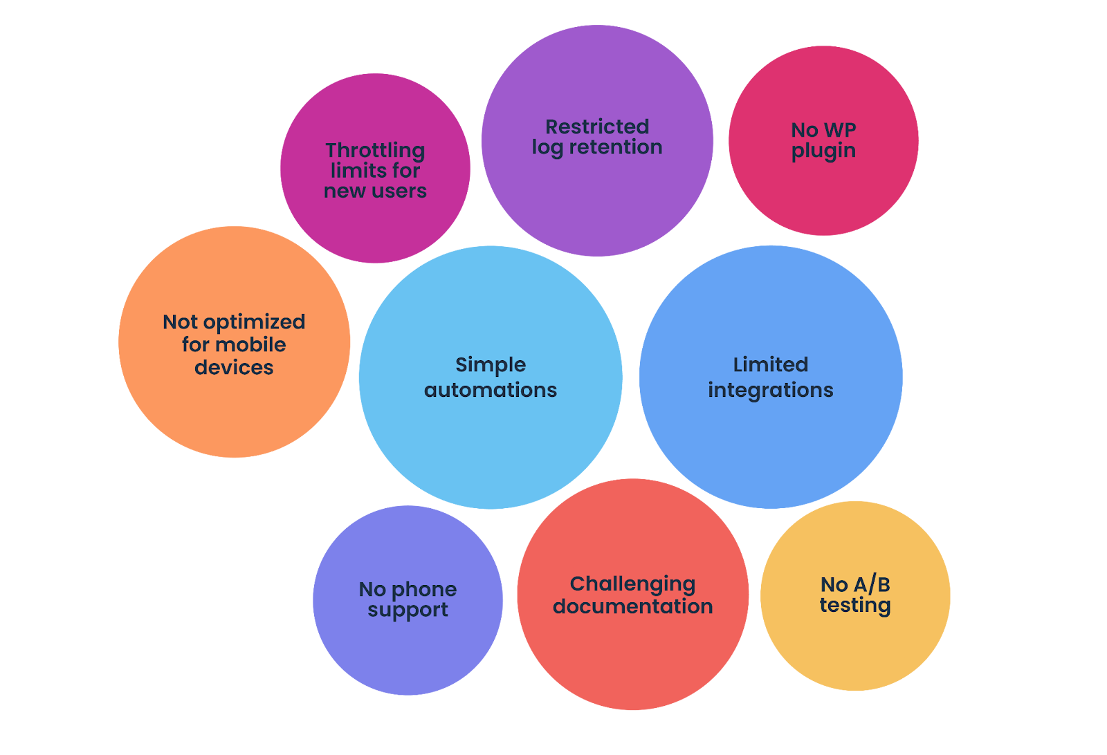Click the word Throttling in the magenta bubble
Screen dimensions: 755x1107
click(375, 150)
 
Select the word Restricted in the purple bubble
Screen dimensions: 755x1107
click(597, 127)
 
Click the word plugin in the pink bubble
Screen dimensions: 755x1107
click(823, 151)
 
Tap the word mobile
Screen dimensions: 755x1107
click(253, 344)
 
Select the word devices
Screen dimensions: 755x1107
click(234, 367)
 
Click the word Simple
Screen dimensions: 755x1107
click(491, 364)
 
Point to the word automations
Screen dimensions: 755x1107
click(491, 390)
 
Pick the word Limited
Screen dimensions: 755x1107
click(771, 364)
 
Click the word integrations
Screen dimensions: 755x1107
click(771, 391)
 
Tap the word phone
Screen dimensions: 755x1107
click(424, 590)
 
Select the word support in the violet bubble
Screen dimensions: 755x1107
click(408, 610)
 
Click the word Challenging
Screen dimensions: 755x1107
click(632, 584)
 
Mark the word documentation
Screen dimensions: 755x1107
click(632, 606)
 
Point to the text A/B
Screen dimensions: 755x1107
click(872, 584)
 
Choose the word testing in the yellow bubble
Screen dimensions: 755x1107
click(855, 606)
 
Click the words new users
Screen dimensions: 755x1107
click(375, 191)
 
